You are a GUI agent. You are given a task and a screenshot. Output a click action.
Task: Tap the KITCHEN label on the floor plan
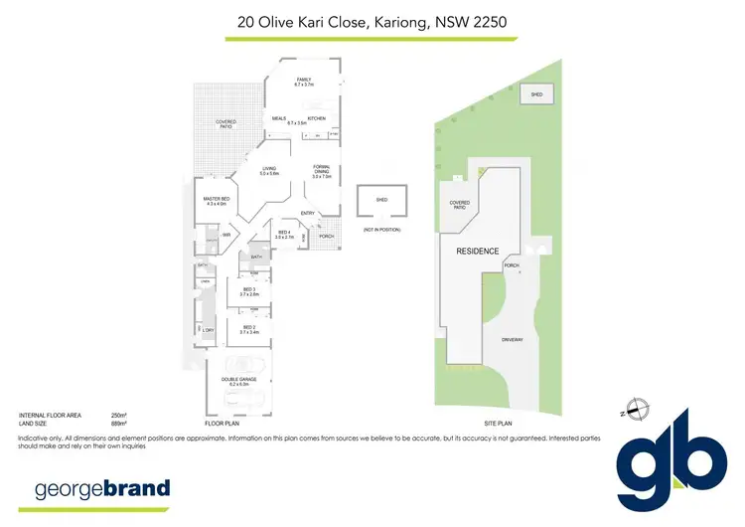pyautogui.click(x=317, y=118)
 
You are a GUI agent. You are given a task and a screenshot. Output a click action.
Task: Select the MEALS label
pyautogui.click(x=279, y=119)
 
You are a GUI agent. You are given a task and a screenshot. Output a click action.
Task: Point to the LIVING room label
pyautogui.click(x=270, y=170)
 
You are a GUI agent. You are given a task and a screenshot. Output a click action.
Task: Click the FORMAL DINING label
pyautogui.click(x=321, y=170)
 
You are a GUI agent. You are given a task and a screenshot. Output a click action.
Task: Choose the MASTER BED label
pyautogui.click(x=217, y=200)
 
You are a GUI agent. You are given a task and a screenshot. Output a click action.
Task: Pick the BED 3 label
pyautogui.click(x=249, y=291)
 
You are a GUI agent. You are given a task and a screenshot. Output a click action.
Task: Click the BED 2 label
pyautogui.click(x=249, y=329)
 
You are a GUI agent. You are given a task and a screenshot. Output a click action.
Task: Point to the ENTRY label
pyautogui.click(x=308, y=213)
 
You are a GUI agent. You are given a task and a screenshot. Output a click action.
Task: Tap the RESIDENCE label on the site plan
pyautogui.click(x=478, y=251)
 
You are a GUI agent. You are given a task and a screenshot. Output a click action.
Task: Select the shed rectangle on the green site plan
pyautogui.click(x=537, y=94)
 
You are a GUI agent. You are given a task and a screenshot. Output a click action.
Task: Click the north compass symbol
pyautogui.click(x=638, y=409)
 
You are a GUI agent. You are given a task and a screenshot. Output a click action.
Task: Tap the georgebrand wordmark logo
pyautogui.click(x=102, y=488)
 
